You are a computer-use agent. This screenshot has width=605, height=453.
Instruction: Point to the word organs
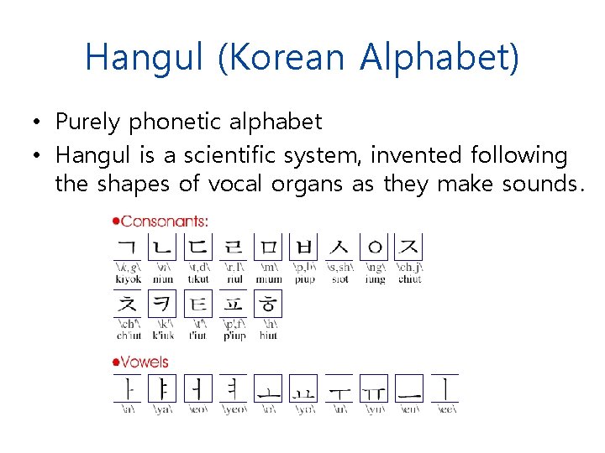coord(308,184)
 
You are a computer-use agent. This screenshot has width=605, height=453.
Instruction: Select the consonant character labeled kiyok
coord(128,247)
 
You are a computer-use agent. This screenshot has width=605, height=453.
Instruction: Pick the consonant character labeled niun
coord(162,247)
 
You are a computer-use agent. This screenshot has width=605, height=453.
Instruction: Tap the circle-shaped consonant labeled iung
coord(375,247)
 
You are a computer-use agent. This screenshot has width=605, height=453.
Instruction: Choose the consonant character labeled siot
coord(339,247)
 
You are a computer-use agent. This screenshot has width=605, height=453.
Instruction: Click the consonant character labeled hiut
coord(268,304)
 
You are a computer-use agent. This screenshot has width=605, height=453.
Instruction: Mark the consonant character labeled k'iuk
coord(162,304)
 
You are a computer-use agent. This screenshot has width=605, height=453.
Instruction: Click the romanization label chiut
coord(409,279)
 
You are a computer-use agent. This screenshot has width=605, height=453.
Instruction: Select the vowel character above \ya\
coord(162,388)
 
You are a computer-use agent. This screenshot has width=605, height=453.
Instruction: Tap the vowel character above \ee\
coord(445,388)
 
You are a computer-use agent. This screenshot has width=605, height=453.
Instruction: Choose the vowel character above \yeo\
coord(233,388)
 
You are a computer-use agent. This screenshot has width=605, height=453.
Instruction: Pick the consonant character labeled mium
coord(268,247)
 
